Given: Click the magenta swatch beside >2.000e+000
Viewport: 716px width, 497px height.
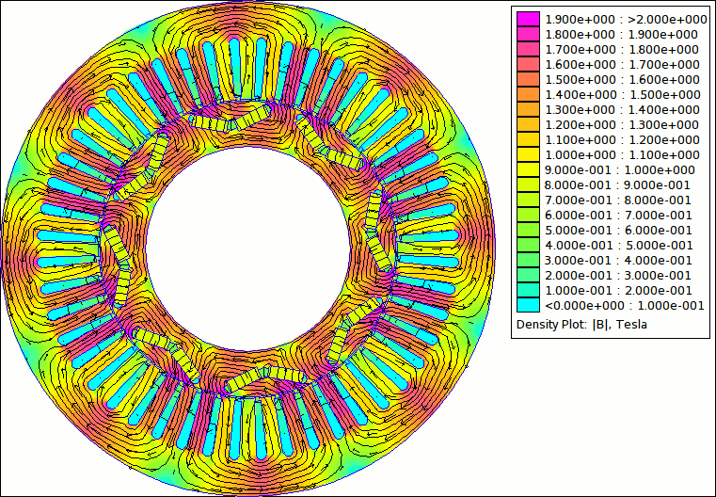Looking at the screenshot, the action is [528, 19].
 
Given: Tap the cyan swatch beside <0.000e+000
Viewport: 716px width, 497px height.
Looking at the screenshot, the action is [528, 305].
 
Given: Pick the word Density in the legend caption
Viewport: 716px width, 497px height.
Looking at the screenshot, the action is [534, 325].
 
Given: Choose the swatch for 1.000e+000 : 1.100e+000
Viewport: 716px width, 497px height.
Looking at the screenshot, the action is [528, 155].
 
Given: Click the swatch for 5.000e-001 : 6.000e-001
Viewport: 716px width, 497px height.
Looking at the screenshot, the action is [528, 230].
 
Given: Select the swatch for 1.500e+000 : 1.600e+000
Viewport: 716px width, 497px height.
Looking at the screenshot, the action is [528, 79].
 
